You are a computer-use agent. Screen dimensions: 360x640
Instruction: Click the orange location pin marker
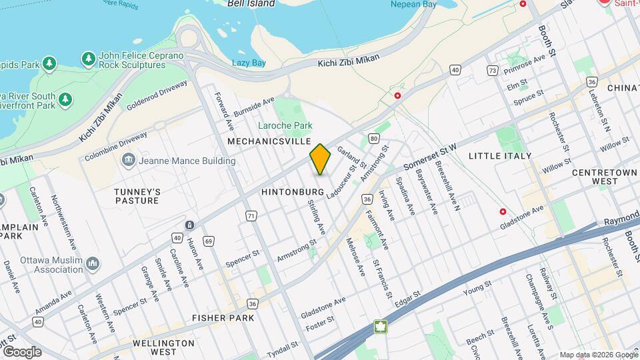pyautogui.click(x=320, y=159)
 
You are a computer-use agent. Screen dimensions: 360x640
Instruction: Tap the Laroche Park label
pyautogui.click(x=285, y=125)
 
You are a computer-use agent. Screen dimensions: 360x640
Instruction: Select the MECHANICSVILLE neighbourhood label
pyautogui.click(x=269, y=142)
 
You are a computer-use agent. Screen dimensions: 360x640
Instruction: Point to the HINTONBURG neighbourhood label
pyautogui.click(x=293, y=192)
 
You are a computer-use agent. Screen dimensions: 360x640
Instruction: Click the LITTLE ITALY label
pyautogui.click(x=500, y=156)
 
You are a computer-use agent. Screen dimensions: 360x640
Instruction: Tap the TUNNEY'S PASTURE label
pyautogui.click(x=137, y=196)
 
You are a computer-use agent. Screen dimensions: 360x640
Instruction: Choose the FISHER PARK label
pyautogui.click(x=223, y=318)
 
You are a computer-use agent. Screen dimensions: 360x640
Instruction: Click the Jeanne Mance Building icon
pyautogui.click(x=127, y=161)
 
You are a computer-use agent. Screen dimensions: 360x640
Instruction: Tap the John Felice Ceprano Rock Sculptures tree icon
pyautogui.click(x=88, y=59)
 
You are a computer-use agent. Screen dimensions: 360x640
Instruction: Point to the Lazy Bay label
pyautogui.click(x=249, y=63)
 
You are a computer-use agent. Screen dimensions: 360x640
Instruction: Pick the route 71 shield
pyautogui.click(x=251, y=215)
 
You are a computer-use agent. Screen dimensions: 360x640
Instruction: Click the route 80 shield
pyautogui.click(x=374, y=139)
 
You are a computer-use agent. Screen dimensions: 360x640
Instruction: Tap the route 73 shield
pyautogui.click(x=493, y=70)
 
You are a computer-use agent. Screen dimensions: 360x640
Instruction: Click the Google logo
pyautogui.click(x=21, y=351)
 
